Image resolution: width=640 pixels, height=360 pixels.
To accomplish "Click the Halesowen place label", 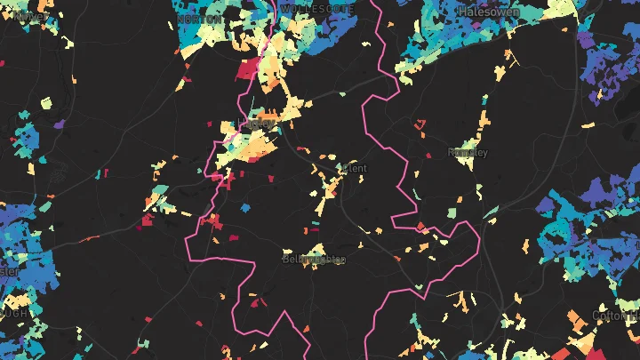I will (489, 11).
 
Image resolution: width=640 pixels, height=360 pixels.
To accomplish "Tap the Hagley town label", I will (258, 124).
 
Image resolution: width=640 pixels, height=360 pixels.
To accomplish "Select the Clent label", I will (353, 167).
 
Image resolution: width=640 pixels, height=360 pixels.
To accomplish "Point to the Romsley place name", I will (468, 152).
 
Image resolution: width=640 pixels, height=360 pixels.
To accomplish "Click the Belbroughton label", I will (313, 259).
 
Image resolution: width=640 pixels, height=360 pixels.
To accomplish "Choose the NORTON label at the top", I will (200, 18).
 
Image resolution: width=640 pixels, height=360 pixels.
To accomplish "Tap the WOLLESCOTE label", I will (317, 8).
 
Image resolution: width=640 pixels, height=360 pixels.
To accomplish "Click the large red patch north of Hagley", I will (249, 68).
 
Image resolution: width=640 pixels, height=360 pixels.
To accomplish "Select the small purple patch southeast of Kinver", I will (59, 124).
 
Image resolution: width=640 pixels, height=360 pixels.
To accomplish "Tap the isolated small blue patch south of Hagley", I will (244, 207).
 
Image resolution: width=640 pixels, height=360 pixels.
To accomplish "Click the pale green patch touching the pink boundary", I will (418, 286).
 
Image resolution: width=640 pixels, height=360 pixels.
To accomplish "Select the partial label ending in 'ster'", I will (9, 270).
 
